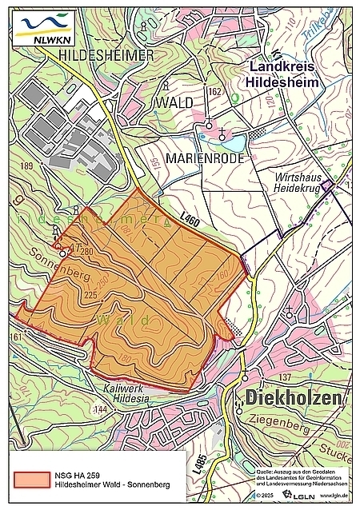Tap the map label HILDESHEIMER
click(x=106, y=54)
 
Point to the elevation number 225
click(x=89, y=295)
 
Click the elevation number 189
click(x=26, y=165)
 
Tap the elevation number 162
click(x=214, y=92)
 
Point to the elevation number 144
click(x=100, y=409)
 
